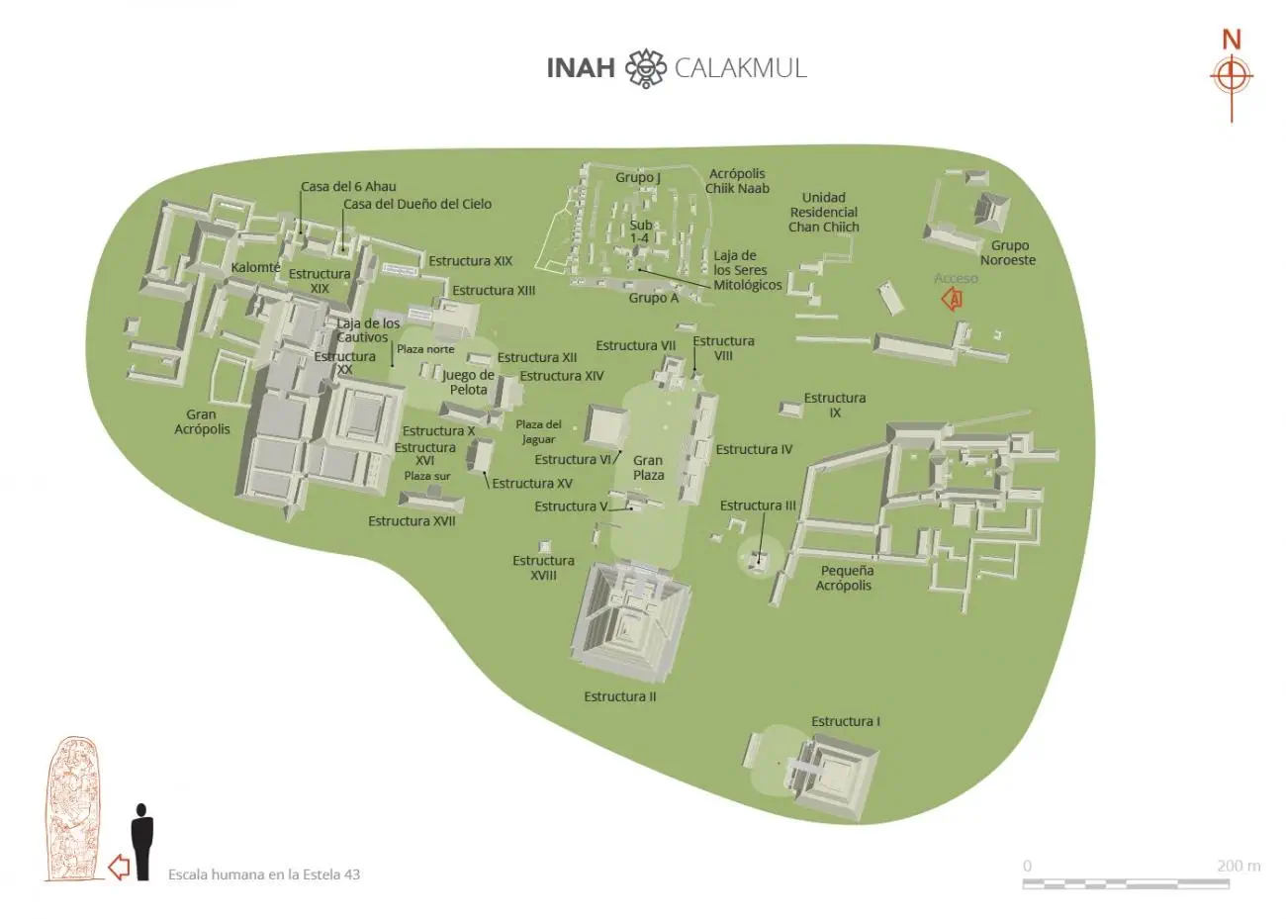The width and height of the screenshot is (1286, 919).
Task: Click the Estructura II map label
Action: pyautogui.click(x=619, y=696)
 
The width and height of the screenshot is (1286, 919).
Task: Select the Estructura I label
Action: pyautogui.click(x=845, y=721)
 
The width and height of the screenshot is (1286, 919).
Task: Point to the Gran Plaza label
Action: pyautogui.click(x=648, y=467)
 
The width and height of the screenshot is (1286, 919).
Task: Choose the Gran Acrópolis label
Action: pyautogui.click(x=202, y=421)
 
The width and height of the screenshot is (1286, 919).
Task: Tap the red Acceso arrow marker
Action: pyautogui.click(x=952, y=298)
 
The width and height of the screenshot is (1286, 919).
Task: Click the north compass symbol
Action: pyautogui.click(x=1231, y=76)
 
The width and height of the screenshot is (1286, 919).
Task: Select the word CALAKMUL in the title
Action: pyautogui.click(x=740, y=68)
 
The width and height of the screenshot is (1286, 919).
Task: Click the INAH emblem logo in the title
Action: pyautogui.click(x=645, y=68)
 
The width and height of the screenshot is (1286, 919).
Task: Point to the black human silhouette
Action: pyautogui.click(x=142, y=841)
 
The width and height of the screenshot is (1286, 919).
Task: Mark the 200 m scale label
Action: pyautogui.click(x=1238, y=866)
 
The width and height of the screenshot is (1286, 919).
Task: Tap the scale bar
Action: pyautogui.click(x=1125, y=882)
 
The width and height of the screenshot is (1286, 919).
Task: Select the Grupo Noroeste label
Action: pyautogui.click(x=1008, y=252)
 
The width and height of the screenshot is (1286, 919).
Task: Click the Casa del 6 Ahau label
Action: pyautogui.click(x=348, y=186)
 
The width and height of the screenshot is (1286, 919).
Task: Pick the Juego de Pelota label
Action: pyautogui.click(x=468, y=382)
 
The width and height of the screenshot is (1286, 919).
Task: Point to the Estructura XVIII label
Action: pyautogui.click(x=543, y=568)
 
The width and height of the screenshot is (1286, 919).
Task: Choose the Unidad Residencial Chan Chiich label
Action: pyautogui.click(x=823, y=212)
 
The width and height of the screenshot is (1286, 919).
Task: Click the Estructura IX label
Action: pyautogui.click(x=834, y=405)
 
